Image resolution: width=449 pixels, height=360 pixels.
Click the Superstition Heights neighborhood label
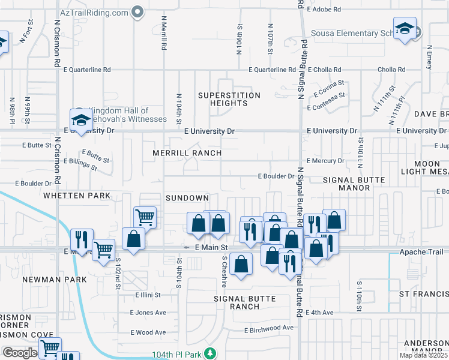229,99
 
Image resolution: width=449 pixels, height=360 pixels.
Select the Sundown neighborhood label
187,197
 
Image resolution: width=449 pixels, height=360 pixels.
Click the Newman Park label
51,280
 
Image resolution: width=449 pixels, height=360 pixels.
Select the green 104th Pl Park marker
209,353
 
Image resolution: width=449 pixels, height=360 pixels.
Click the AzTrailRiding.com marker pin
138,12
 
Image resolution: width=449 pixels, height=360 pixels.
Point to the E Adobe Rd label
324,10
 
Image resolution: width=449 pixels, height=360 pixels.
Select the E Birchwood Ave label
269,328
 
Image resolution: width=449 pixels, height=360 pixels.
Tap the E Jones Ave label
148,313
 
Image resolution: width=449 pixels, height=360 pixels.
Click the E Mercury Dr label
325,161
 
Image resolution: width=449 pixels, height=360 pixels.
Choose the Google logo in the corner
19,352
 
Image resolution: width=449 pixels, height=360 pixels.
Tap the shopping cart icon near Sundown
145,216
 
